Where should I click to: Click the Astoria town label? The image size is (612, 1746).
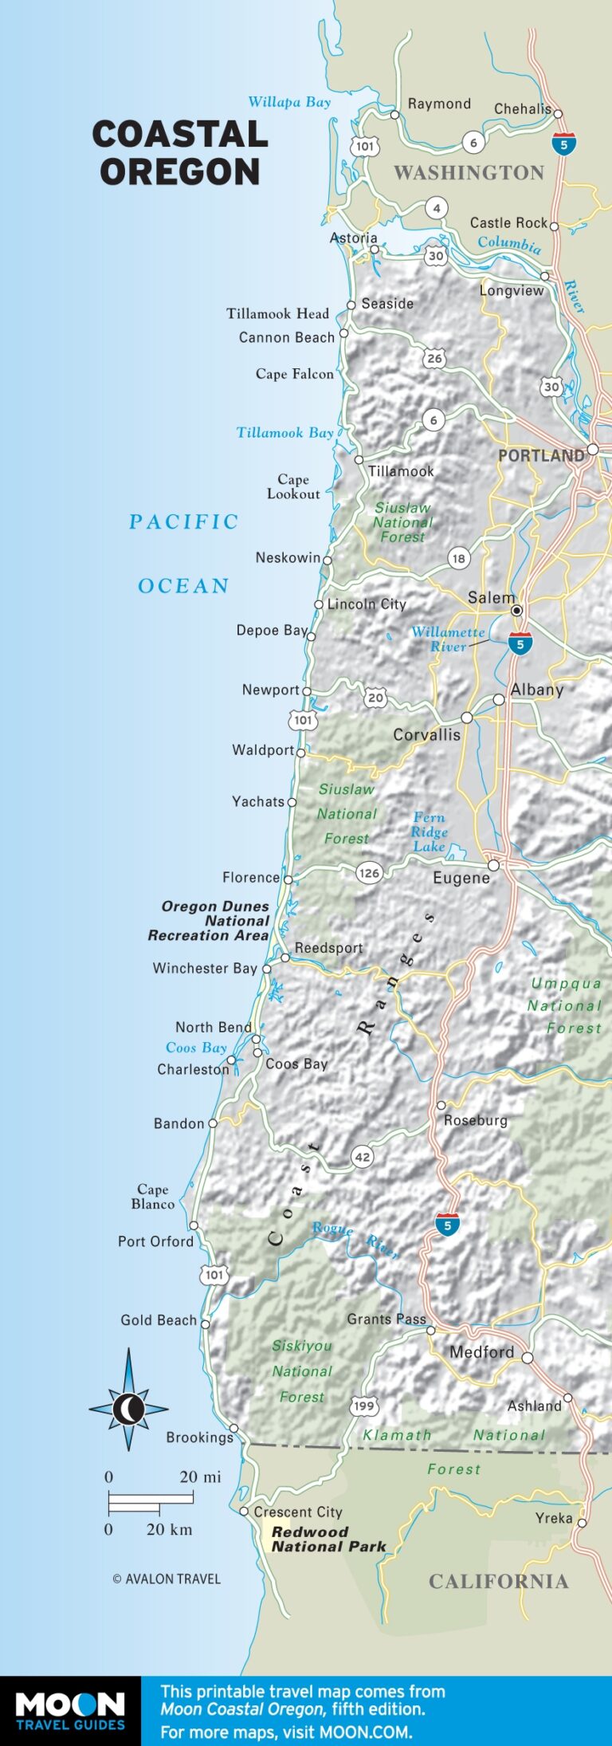pos(354,238)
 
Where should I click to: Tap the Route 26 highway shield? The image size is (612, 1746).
pos(434,359)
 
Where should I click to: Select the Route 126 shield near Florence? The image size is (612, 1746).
pos(369,873)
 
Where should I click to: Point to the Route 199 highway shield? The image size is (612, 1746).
pos(364,1406)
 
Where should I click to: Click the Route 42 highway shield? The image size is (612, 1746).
pos(363,1157)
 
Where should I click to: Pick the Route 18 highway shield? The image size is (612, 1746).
pos(458,558)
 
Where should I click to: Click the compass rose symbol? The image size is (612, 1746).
pos(128,1409)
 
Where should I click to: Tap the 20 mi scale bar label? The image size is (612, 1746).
pos(200,1477)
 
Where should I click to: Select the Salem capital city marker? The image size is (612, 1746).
pos(517,611)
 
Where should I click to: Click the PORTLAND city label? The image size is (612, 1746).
pos(541,456)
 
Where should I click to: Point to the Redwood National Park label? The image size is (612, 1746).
pos(328,1539)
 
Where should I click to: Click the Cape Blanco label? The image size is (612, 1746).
pos(152,1197)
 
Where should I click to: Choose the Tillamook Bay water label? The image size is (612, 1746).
pos(284,433)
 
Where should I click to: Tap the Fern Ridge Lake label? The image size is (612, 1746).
pos(430,832)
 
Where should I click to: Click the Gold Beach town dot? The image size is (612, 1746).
pos(206,1324)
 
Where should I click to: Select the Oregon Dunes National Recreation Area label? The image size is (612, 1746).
pos(209,921)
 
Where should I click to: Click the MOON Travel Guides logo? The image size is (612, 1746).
pos(70,1709)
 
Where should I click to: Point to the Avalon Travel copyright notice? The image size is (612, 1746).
pos(167,1579)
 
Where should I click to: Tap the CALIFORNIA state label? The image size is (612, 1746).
pos(499,1582)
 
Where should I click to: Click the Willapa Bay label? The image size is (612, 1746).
pos(289,102)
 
